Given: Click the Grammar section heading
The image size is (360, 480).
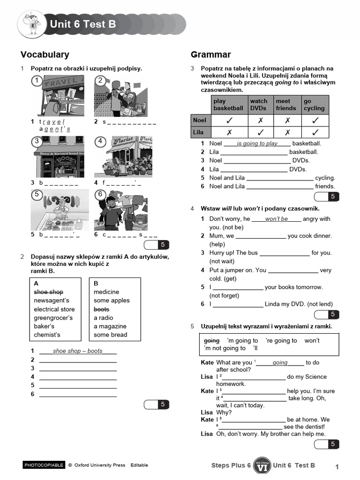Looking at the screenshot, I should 211,55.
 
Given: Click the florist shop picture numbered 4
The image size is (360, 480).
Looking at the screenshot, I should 123,157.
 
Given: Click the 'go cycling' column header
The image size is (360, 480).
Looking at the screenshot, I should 315,105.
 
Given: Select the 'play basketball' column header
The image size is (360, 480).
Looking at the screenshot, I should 228,105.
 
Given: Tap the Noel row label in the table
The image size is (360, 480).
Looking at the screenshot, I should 200,120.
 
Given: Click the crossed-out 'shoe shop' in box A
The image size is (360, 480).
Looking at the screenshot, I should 48,292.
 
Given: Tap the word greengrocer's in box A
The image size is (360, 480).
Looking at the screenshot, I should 53,318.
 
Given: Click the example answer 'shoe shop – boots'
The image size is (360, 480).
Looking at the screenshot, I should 78,351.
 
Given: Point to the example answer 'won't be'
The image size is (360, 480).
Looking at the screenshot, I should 277,219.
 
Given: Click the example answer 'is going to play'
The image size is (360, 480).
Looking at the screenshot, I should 257,143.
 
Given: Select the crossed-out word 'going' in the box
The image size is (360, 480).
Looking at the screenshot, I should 211,341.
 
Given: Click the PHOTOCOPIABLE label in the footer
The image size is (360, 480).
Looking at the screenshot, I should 43,465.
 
